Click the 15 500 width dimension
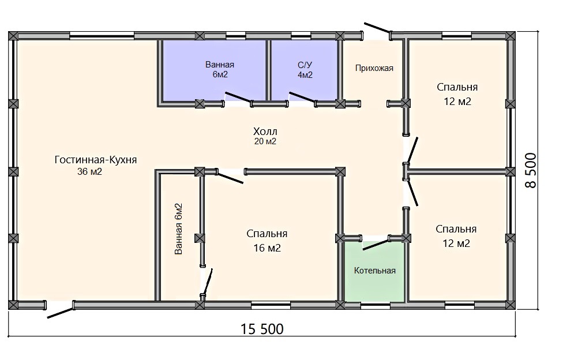click(x=262, y=329)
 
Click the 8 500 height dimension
click(x=530, y=170)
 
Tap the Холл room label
click(x=265, y=131)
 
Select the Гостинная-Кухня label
click(x=96, y=160)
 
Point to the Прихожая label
click(x=374, y=68)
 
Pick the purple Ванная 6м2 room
click(x=215, y=71)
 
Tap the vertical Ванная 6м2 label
click(x=178, y=229)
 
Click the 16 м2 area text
click(x=267, y=248)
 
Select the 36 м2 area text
click(x=90, y=172)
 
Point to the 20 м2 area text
click(x=265, y=141)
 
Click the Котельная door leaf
click(x=376, y=243)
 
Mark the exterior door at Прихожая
click(x=378, y=28)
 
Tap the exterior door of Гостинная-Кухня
click(x=61, y=310)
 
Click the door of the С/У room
click(x=303, y=98)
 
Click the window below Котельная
click(x=375, y=306)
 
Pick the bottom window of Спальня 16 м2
click(x=271, y=306)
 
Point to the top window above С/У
click(x=301, y=36)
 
